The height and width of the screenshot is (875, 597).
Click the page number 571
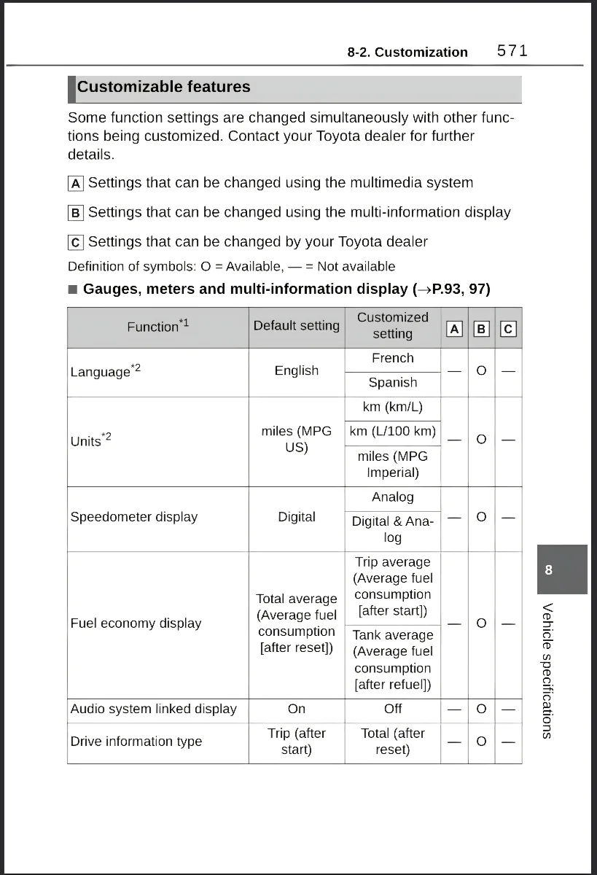tap(512, 51)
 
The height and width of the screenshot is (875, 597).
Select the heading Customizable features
tap(163, 87)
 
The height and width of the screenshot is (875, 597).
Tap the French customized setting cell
tap(392, 358)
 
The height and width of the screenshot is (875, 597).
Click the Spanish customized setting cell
tap(392, 383)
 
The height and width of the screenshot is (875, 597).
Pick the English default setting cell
tap(296, 370)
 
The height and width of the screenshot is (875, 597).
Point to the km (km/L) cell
tap(392, 407)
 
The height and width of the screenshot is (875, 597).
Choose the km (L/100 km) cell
tap(392, 431)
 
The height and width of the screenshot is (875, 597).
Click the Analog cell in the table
tap(392, 497)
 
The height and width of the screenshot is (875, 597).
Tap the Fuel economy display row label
tap(136, 623)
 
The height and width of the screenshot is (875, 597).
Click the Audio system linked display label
tap(153, 709)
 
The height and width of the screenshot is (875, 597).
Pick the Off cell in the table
tap(392, 709)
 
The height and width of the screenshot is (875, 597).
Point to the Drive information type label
tap(136, 742)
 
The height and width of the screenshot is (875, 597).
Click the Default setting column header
tap(296, 326)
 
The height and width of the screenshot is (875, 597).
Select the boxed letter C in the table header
tap(508, 329)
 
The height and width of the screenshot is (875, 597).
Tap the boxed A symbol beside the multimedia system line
tap(76, 183)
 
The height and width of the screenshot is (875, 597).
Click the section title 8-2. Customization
tap(407, 52)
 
